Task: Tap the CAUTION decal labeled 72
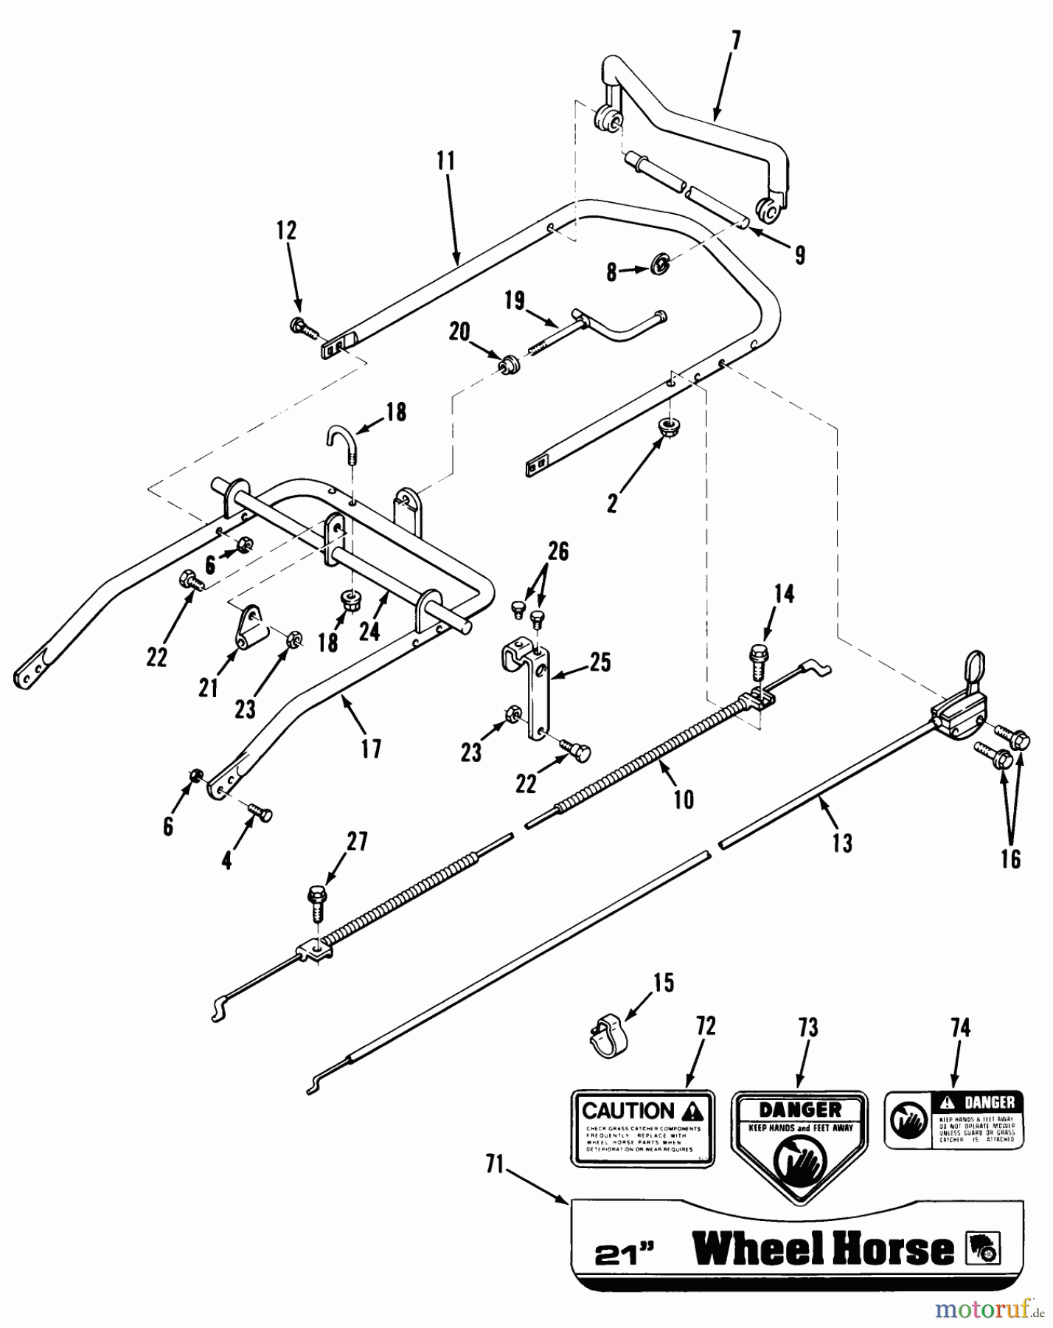(x=642, y=1128)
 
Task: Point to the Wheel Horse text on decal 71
(x=824, y=1248)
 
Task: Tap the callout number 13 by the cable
(x=842, y=843)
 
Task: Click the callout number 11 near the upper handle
(x=446, y=161)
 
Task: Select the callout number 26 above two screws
(x=559, y=551)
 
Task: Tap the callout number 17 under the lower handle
(x=371, y=749)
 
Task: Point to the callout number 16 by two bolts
(x=1011, y=858)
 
